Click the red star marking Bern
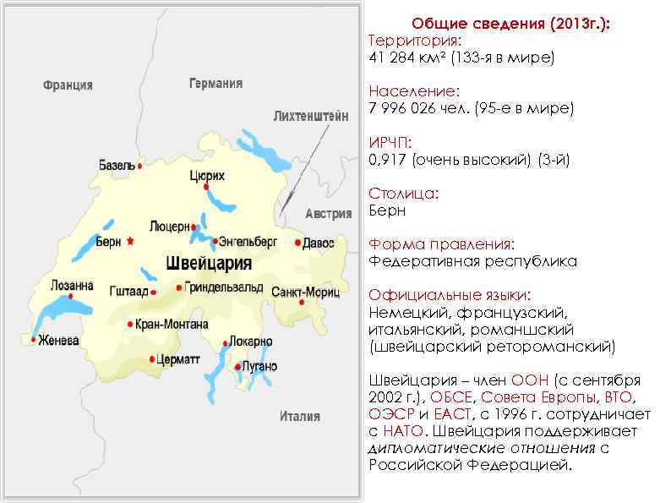pos(130,241)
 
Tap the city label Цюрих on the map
pos(207,176)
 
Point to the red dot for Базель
pos(139,167)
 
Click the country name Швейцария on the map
pos(209,263)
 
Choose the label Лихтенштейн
pos(310,117)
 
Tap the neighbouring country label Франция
pos(68,85)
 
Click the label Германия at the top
pos(215,83)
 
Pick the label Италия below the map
pos(300,416)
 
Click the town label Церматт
pos(179,359)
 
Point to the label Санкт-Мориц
pos(305,292)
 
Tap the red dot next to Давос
pos(298,243)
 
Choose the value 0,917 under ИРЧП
pos(388,159)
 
